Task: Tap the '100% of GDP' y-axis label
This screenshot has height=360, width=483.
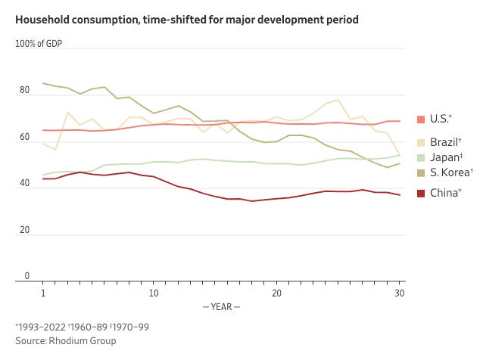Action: click(39, 43)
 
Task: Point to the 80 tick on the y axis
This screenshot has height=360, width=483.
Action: click(24, 91)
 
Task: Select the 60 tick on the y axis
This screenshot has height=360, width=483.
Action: click(24, 138)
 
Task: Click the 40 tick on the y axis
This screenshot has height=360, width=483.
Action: click(24, 184)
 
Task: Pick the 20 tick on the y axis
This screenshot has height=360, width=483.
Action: click(24, 230)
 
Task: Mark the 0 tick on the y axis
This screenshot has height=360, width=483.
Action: click(27, 277)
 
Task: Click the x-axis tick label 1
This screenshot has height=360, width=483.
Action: click(43, 292)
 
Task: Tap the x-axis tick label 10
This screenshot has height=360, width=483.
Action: click(154, 292)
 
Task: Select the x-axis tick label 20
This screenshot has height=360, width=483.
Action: click(276, 292)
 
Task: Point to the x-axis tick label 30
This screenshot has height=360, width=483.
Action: click(399, 292)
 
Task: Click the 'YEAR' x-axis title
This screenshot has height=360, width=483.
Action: click(220, 306)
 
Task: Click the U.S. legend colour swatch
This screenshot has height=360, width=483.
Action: click(422, 119)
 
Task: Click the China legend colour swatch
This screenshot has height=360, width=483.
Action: click(422, 193)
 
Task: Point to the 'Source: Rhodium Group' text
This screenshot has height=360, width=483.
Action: click(65, 341)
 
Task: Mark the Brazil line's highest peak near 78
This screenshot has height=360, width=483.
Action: click(338, 100)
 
